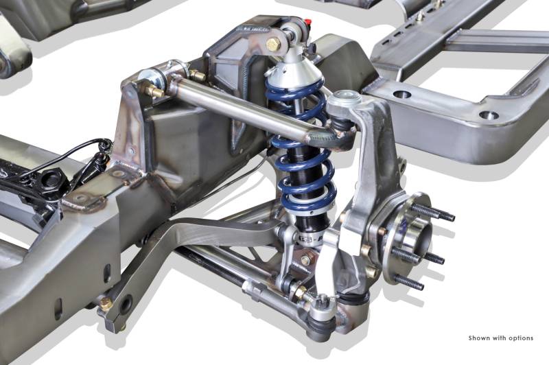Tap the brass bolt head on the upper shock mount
[x=273, y=45]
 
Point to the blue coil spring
[x=301, y=147]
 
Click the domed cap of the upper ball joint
[x=345, y=95]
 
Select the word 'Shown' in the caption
[x=479, y=338]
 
